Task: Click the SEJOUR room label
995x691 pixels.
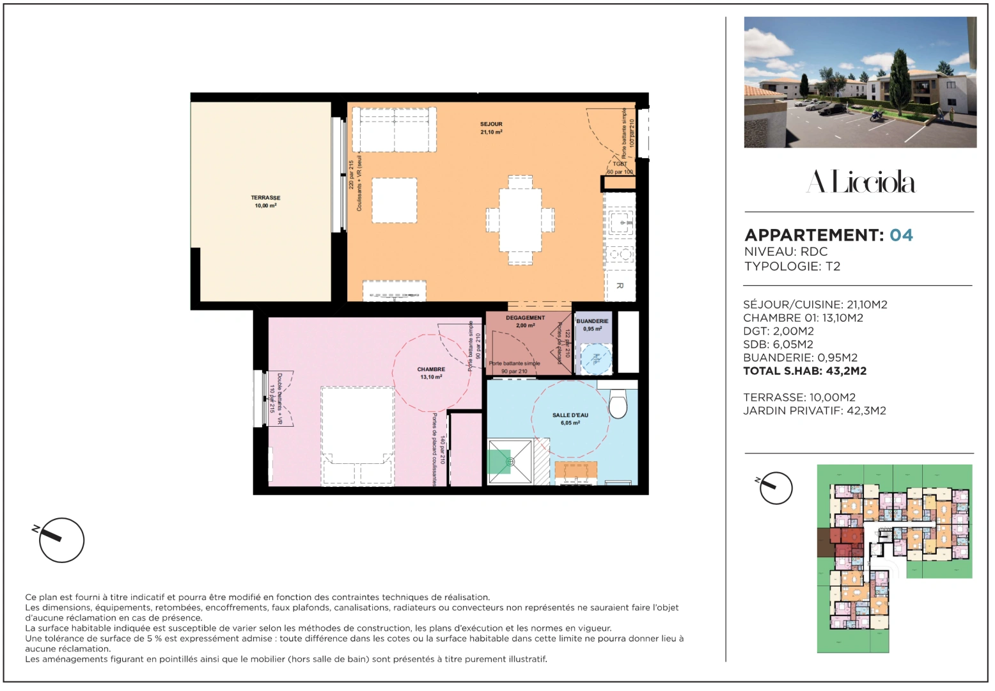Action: [491, 124]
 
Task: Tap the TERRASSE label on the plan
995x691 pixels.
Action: [265, 198]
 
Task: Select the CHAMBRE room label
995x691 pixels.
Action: [431, 370]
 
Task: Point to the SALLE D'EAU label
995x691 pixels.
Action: [570, 416]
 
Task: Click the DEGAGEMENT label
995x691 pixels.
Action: [525, 318]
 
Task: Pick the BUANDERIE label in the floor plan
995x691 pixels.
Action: [592, 321]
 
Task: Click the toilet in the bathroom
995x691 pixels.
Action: [618, 404]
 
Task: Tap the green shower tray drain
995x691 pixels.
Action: [510, 461]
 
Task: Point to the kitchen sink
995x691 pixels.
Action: [620, 222]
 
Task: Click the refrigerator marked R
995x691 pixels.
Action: [620, 285]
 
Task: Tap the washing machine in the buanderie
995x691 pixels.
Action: [595, 358]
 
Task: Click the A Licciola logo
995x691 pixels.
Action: [860, 182]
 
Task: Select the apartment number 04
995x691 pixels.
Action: [901, 235]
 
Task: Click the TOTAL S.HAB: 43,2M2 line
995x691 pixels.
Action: [804, 371]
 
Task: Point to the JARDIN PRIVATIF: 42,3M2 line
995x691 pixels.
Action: [814, 411]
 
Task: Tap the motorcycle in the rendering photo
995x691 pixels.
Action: [875, 116]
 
